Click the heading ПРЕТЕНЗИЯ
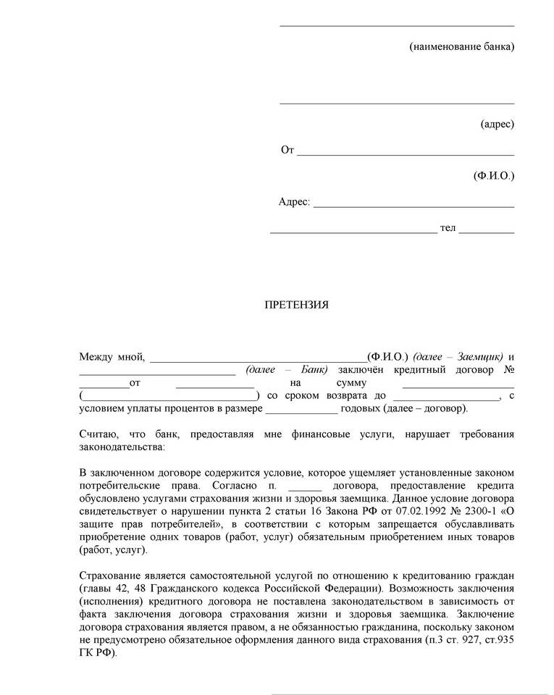(x=295, y=305)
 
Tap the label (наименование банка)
(x=461, y=47)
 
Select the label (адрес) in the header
(x=497, y=125)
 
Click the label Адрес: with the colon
(x=294, y=202)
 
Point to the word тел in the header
(x=448, y=228)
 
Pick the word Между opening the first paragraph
(x=96, y=357)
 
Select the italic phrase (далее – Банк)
(x=287, y=370)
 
